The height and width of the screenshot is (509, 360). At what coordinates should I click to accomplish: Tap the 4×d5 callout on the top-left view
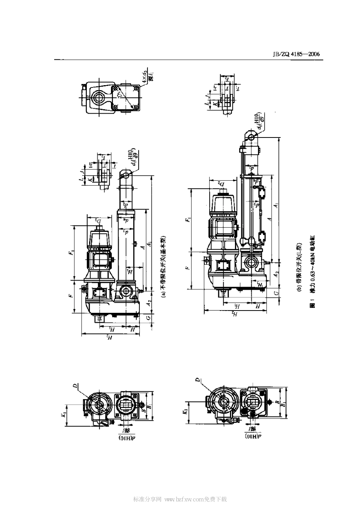pyautogui.click(x=144, y=76)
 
